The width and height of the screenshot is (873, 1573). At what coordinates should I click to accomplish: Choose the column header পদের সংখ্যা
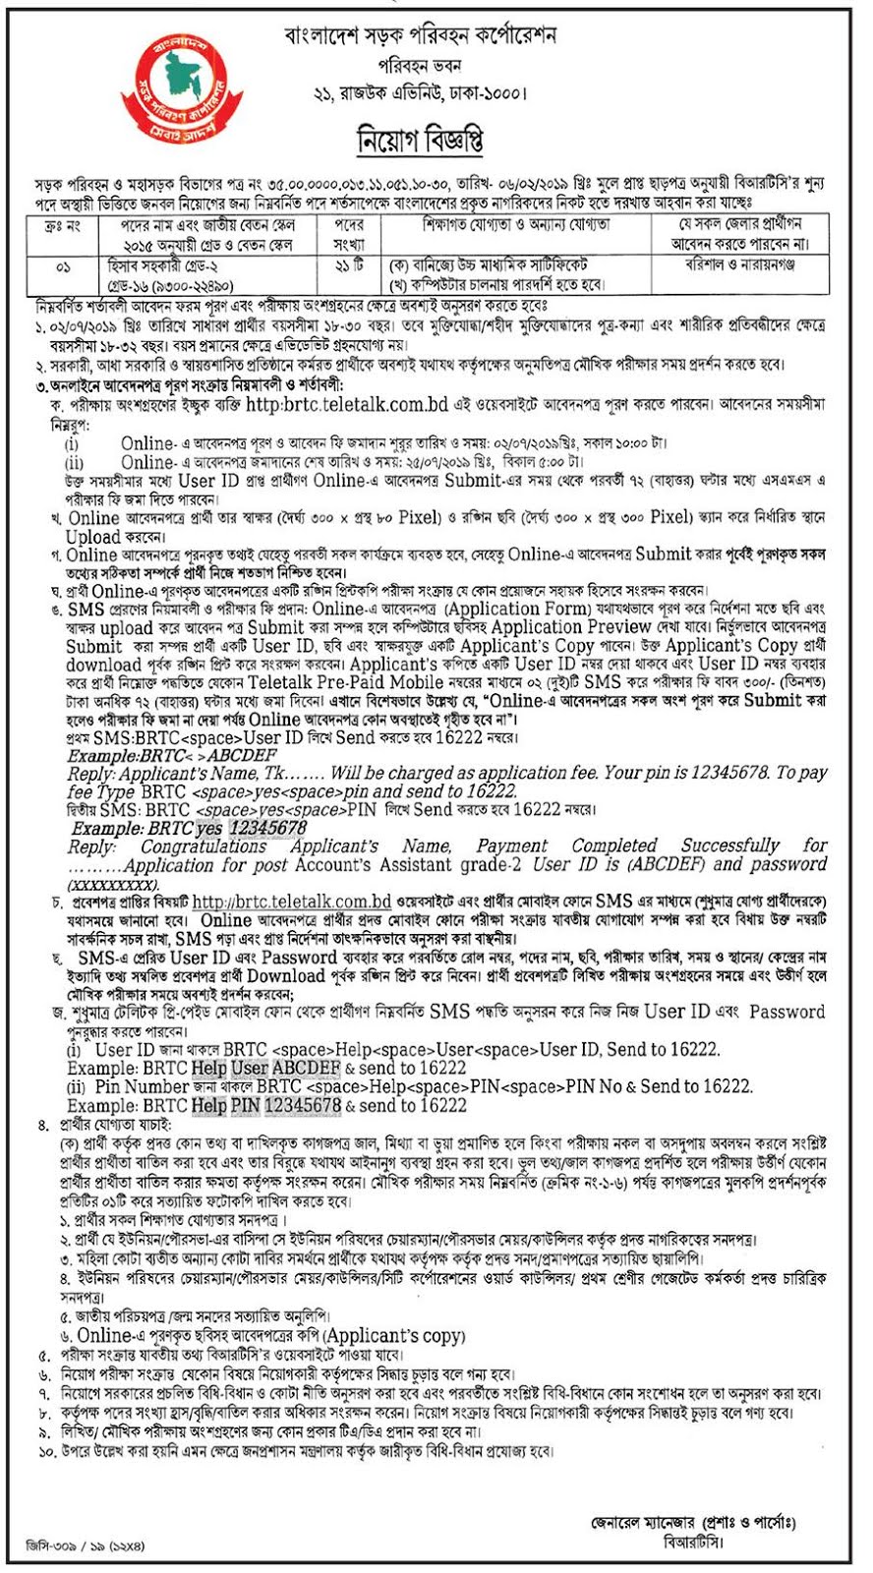(x=349, y=234)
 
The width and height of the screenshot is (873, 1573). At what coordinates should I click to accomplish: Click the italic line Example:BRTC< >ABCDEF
(x=172, y=756)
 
